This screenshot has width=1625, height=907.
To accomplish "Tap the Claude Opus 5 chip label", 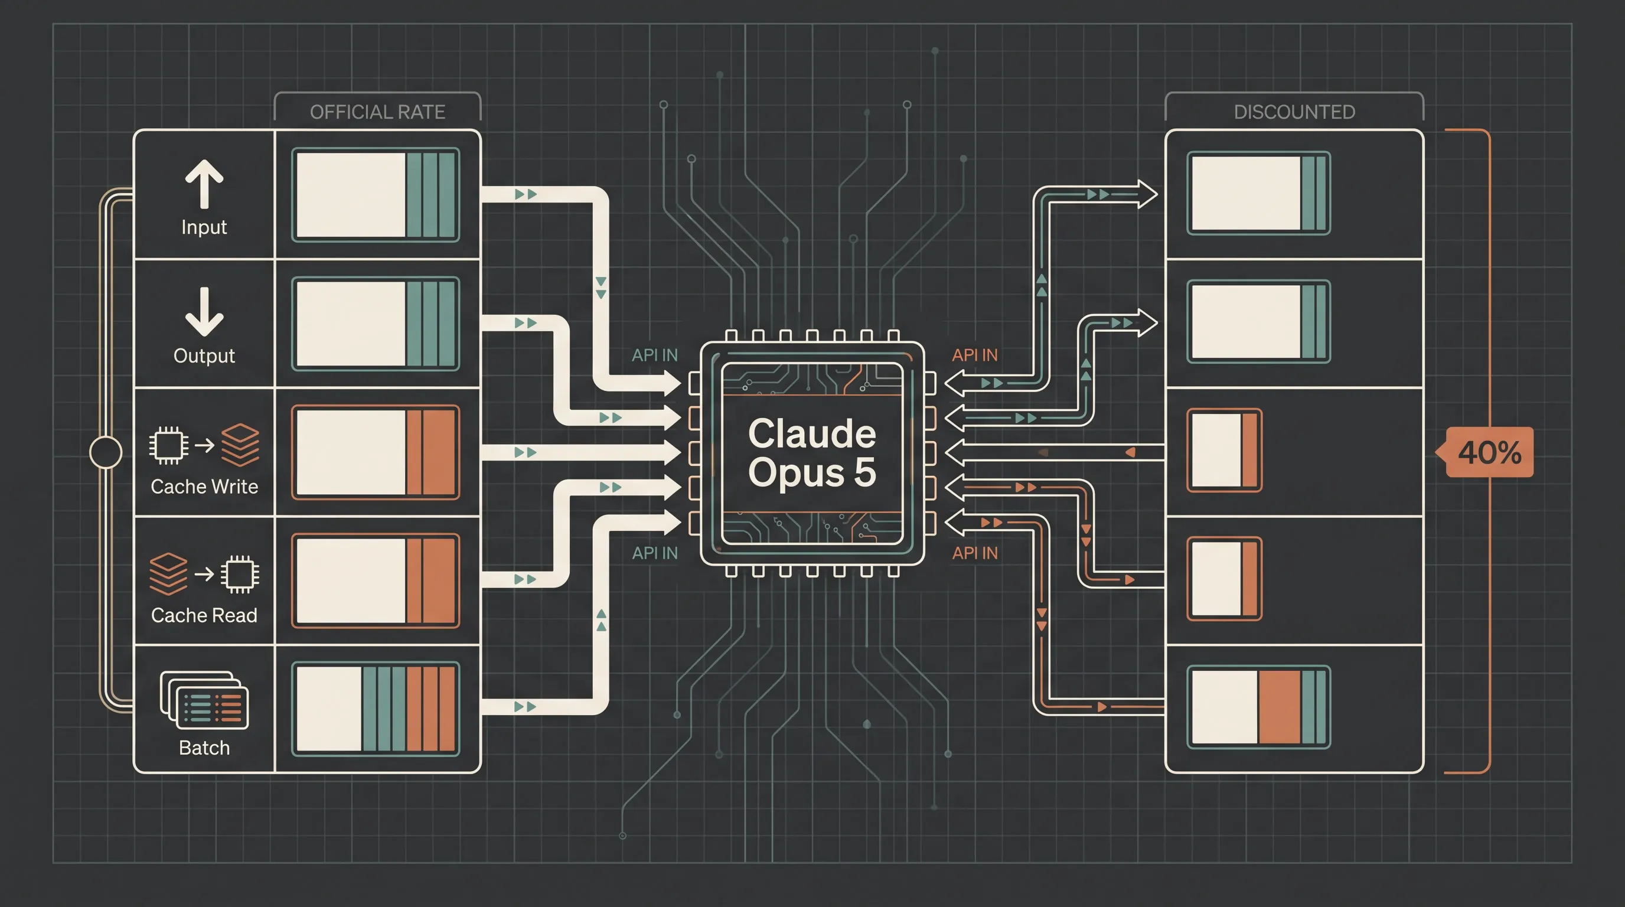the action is point(812,452).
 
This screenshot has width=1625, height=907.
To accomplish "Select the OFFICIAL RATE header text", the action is point(377,112).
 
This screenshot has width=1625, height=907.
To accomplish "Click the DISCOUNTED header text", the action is point(1294,112).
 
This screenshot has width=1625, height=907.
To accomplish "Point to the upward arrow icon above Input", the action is point(204,184).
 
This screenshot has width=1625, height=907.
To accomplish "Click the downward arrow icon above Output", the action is point(204,312).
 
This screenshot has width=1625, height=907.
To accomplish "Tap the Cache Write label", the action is point(204,487).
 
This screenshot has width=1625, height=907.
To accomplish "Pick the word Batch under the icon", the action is point(204,748).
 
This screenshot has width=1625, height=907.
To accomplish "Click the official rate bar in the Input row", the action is point(376,195).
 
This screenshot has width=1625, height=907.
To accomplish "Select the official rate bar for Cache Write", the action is point(376,452).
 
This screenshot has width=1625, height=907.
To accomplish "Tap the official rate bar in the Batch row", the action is point(376,709).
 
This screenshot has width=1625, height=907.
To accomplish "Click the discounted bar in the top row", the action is point(1258,193).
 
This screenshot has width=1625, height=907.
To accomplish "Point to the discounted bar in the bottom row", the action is point(1258,707).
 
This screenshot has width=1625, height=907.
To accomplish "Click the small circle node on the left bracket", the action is point(105,452).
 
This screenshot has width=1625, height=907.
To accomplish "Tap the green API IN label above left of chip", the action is point(655,355).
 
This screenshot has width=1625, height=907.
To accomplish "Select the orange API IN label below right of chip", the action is point(975,553).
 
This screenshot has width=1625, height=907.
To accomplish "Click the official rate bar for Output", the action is point(376,324).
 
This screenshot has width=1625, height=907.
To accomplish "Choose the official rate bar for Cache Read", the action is point(376,581).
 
